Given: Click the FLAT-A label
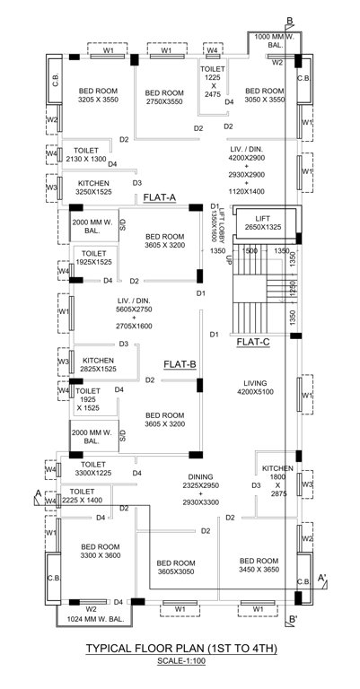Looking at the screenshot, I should (x=159, y=197).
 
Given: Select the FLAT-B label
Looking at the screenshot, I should (x=180, y=364).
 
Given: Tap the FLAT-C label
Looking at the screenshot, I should (x=253, y=342).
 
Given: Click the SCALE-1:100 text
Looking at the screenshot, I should (x=180, y=661).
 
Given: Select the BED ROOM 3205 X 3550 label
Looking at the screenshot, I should (x=99, y=96).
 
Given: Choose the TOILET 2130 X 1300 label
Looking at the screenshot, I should (x=85, y=154).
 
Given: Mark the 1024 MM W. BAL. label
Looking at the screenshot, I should (x=92, y=620).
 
